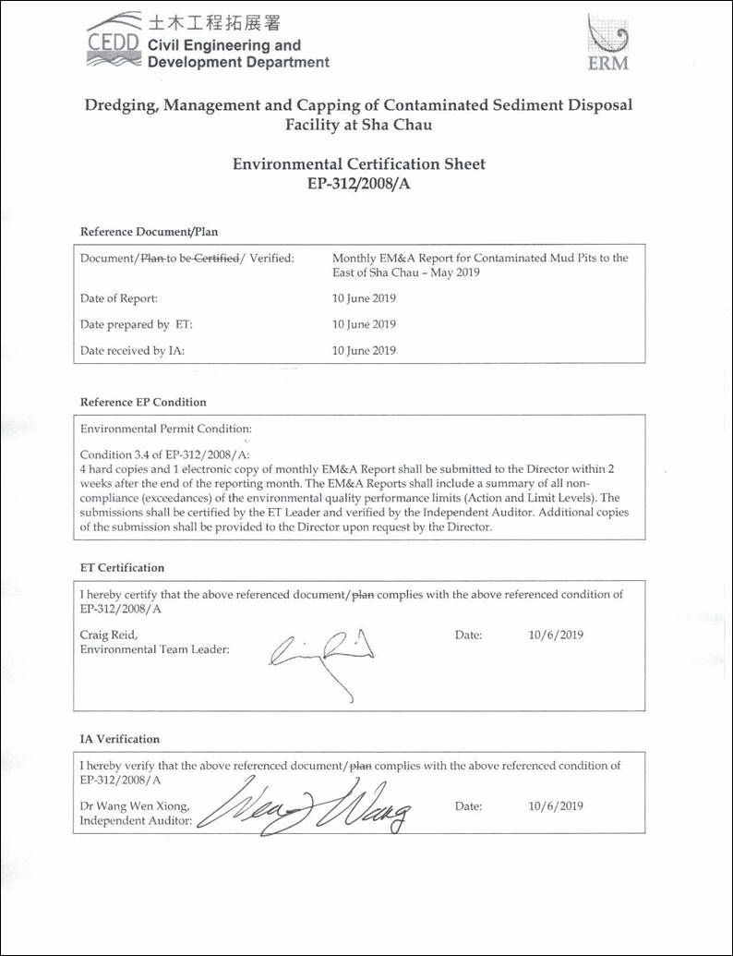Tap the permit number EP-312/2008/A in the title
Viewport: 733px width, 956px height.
click(358, 184)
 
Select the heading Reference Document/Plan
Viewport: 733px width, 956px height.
click(149, 232)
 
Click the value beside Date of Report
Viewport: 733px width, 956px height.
click(364, 298)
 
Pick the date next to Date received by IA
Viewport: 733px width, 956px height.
click(364, 350)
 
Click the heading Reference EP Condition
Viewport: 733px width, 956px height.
click(143, 402)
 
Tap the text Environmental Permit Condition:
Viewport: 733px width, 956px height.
click(165, 430)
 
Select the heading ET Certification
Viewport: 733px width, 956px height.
click(122, 567)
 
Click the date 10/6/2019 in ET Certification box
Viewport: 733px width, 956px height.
click(556, 635)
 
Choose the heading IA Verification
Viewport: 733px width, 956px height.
click(119, 739)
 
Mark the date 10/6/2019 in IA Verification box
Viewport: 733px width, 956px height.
click(556, 805)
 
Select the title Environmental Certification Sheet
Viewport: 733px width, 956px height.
click(358, 164)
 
